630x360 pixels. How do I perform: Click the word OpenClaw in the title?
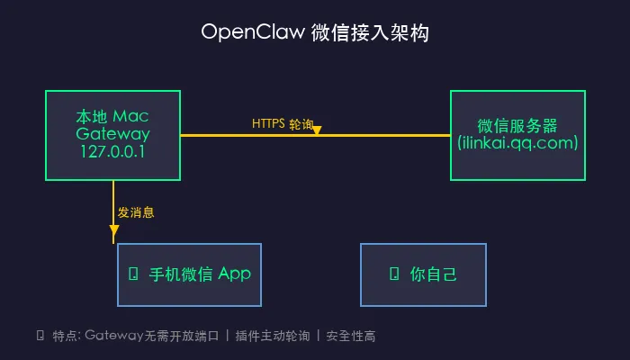(x=251, y=33)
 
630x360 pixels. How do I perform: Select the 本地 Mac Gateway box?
(x=112, y=135)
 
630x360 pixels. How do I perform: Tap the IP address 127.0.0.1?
(x=112, y=152)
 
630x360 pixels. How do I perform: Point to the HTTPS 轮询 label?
(x=283, y=124)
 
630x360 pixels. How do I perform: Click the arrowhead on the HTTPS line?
(x=317, y=131)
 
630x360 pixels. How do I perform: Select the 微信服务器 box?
(x=517, y=135)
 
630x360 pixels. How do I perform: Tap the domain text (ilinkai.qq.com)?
(x=517, y=143)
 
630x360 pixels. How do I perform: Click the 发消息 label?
(x=136, y=213)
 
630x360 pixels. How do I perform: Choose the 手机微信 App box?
(x=189, y=274)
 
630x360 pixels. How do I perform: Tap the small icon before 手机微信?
(x=134, y=274)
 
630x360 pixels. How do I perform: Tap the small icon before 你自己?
(x=392, y=274)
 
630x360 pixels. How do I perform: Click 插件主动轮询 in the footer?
(x=273, y=336)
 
